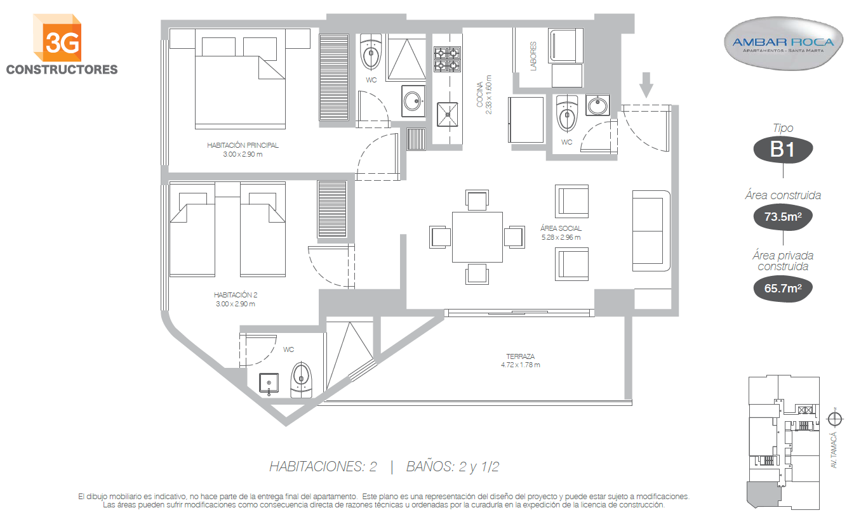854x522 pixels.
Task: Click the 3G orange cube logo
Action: pyautogui.click(x=57, y=37)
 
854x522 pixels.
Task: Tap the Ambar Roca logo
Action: pyautogui.click(x=783, y=44)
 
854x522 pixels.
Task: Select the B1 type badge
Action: pyautogui.click(x=783, y=149)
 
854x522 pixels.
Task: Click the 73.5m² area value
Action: pyautogui.click(x=783, y=217)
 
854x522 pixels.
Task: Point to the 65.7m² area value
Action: pyautogui.click(x=783, y=288)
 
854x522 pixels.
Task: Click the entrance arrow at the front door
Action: pyautogui.click(x=646, y=85)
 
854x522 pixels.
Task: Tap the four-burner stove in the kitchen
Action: pyautogui.click(x=447, y=59)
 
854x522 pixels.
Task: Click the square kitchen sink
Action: pyautogui.click(x=447, y=114)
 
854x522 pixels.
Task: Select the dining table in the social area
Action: pyautogui.click(x=477, y=237)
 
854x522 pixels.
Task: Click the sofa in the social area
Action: pyautogui.click(x=651, y=231)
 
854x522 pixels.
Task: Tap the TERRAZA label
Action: pyautogui.click(x=521, y=356)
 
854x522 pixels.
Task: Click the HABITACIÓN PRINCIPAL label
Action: pyautogui.click(x=243, y=145)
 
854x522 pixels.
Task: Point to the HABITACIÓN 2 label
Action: pyautogui.click(x=236, y=295)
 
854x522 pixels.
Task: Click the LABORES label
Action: pyautogui.click(x=533, y=56)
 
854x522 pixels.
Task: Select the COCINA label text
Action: pyautogui.click(x=479, y=95)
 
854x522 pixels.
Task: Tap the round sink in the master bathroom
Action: pyautogui.click(x=413, y=101)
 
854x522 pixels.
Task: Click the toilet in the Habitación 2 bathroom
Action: pyautogui.click(x=301, y=379)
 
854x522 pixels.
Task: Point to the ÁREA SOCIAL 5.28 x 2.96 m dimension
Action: pyautogui.click(x=561, y=237)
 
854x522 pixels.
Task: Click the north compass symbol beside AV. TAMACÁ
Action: pyautogui.click(x=834, y=419)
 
